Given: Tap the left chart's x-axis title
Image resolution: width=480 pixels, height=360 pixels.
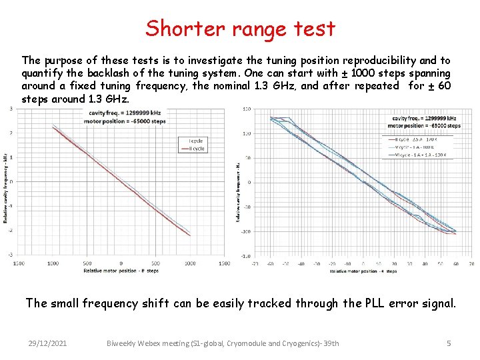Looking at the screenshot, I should pyautogui.click(x=121, y=271).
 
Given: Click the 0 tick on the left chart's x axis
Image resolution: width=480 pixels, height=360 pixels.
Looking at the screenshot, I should pyautogui.click(x=121, y=263).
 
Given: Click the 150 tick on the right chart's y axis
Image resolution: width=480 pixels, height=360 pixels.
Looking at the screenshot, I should pyautogui.click(x=246, y=109).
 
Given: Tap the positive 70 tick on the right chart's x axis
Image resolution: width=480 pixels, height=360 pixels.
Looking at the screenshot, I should pyautogui.click(x=471, y=264).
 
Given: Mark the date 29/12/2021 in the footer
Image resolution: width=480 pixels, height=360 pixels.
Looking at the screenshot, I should pyautogui.click(x=47, y=343).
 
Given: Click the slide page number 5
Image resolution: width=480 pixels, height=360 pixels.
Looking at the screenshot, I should pyautogui.click(x=449, y=343).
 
